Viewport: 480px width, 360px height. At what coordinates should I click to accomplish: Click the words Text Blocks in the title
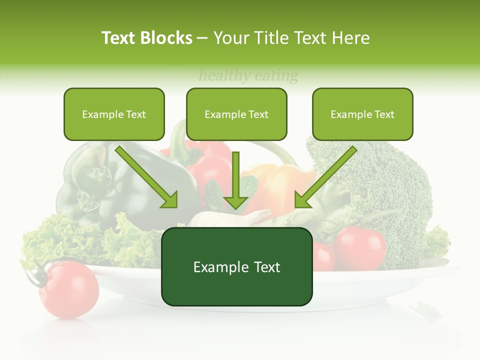146,38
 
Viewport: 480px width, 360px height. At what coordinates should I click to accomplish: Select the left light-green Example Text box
114,114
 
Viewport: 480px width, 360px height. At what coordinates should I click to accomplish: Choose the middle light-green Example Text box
236,114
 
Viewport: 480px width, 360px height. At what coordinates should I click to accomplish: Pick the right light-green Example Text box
362,114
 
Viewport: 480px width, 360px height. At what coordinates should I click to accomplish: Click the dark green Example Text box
236,267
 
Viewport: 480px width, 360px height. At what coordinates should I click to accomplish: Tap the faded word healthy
224,76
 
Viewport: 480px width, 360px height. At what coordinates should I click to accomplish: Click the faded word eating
276,76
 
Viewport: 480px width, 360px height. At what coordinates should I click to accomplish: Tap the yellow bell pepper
280,185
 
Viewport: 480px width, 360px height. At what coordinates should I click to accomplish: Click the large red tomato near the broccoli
360,247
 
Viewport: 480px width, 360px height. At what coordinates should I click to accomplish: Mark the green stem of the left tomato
39,274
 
